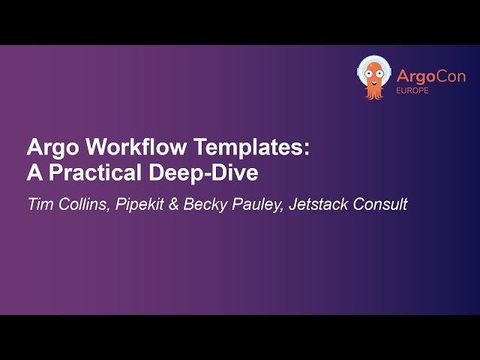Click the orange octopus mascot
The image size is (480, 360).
[373, 77]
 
